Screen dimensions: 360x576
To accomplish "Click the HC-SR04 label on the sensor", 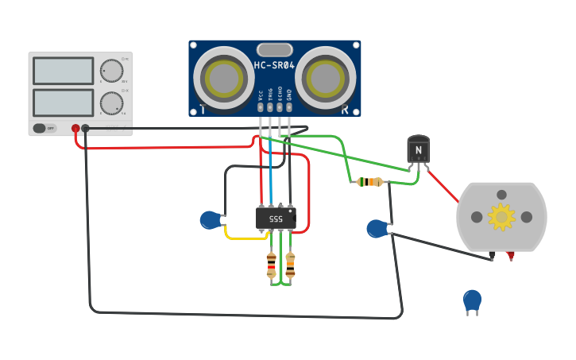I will click(x=274, y=66).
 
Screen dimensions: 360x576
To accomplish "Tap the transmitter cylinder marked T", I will click(x=224, y=77).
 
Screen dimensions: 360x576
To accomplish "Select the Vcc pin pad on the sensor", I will click(x=261, y=106).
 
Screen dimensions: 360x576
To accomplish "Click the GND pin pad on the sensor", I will click(x=289, y=106).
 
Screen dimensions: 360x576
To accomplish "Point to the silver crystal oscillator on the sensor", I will click(x=274, y=50).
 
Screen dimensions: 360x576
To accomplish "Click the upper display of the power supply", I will click(x=64, y=71).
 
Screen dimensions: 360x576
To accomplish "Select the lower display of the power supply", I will click(x=64, y=103).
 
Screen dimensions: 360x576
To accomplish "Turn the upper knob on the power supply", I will click(x=112, y=71).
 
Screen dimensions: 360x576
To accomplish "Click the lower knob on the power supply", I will click(x=112, y=103).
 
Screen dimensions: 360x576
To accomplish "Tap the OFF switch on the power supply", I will click(x=45, y=128).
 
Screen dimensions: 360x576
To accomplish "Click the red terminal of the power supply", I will click(x=75, y=128).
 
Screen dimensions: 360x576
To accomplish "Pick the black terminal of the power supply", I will click(x=85, y=128).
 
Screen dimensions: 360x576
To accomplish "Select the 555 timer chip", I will click(x=276, y=218).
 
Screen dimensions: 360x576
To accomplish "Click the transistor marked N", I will click(x=419, y=149).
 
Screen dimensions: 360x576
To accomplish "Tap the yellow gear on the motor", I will click(x=501, y=216).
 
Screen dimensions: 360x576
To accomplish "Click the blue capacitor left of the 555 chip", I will click(x=210, y=220).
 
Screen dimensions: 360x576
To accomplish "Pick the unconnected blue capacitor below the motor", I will click(x=472, y=300).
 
